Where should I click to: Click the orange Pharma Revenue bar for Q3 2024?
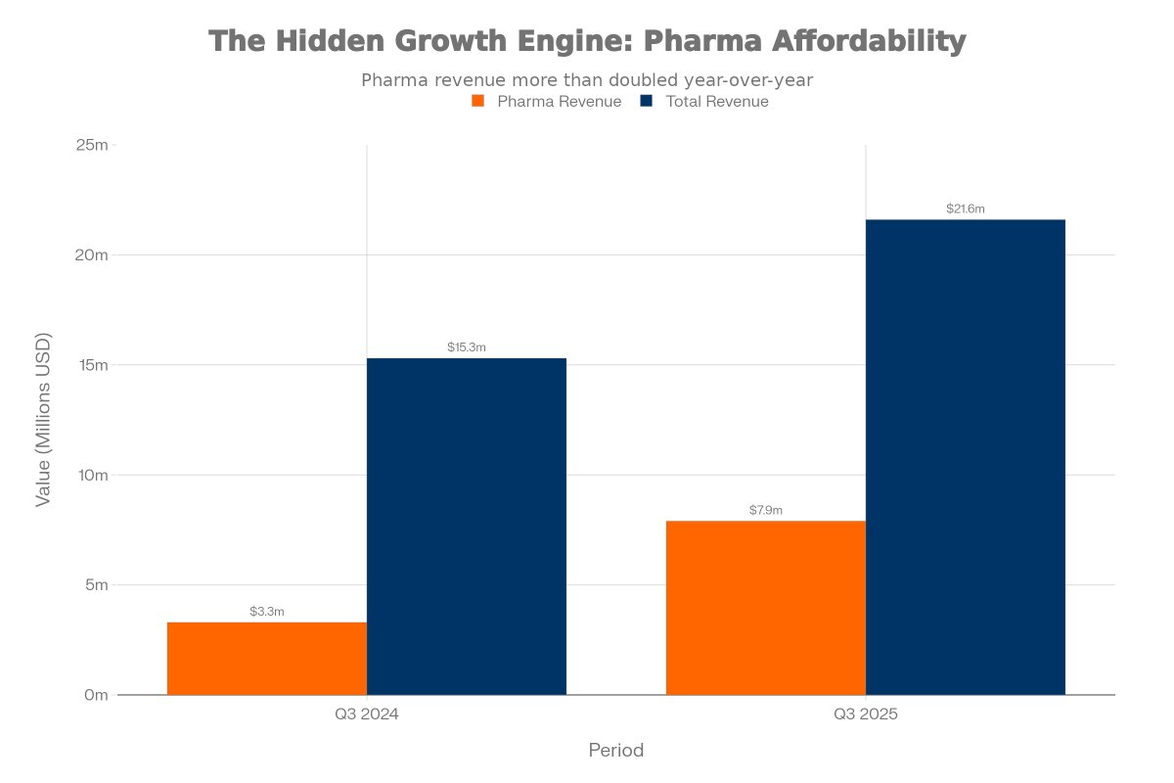click(267, 659)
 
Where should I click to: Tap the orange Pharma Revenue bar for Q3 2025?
click(766, 608)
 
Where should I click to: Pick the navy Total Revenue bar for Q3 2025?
click(966, 457)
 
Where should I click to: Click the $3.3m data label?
click(267, 612)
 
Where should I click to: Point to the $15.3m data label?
click(467, 347)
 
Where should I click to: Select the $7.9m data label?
click(766, 510)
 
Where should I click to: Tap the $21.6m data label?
click(966, 208)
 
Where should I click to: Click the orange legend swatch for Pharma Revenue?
click(478, 102)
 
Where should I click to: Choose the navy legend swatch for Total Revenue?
click(647, 102)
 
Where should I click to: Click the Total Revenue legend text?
click(717, 102)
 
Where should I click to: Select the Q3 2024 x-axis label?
click(367, 715)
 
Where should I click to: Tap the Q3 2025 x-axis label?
click(866, 715)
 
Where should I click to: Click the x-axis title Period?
click(616, 751)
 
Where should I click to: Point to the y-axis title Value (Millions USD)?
click(43, 420)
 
